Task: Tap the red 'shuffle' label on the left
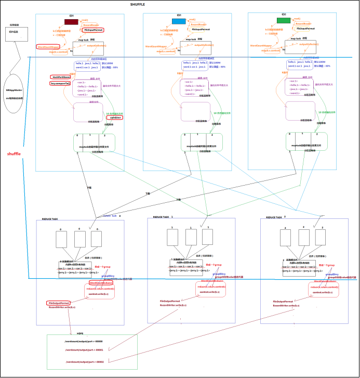[x=14, y=154]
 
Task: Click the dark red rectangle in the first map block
[x=71, y=22]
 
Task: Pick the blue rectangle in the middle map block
[x=179, y=21]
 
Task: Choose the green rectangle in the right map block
[x=283, y=20]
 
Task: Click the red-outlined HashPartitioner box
[x=60, y=77]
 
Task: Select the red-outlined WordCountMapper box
[x=48, y=47]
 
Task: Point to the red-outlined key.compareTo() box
[x=60, y=83]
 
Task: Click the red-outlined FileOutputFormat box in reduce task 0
[x=59, y=303]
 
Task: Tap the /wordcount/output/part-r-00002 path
[x=84, y=361]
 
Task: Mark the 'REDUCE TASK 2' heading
[x=276, y=217]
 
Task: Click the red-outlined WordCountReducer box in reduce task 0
[x=101, y=283]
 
